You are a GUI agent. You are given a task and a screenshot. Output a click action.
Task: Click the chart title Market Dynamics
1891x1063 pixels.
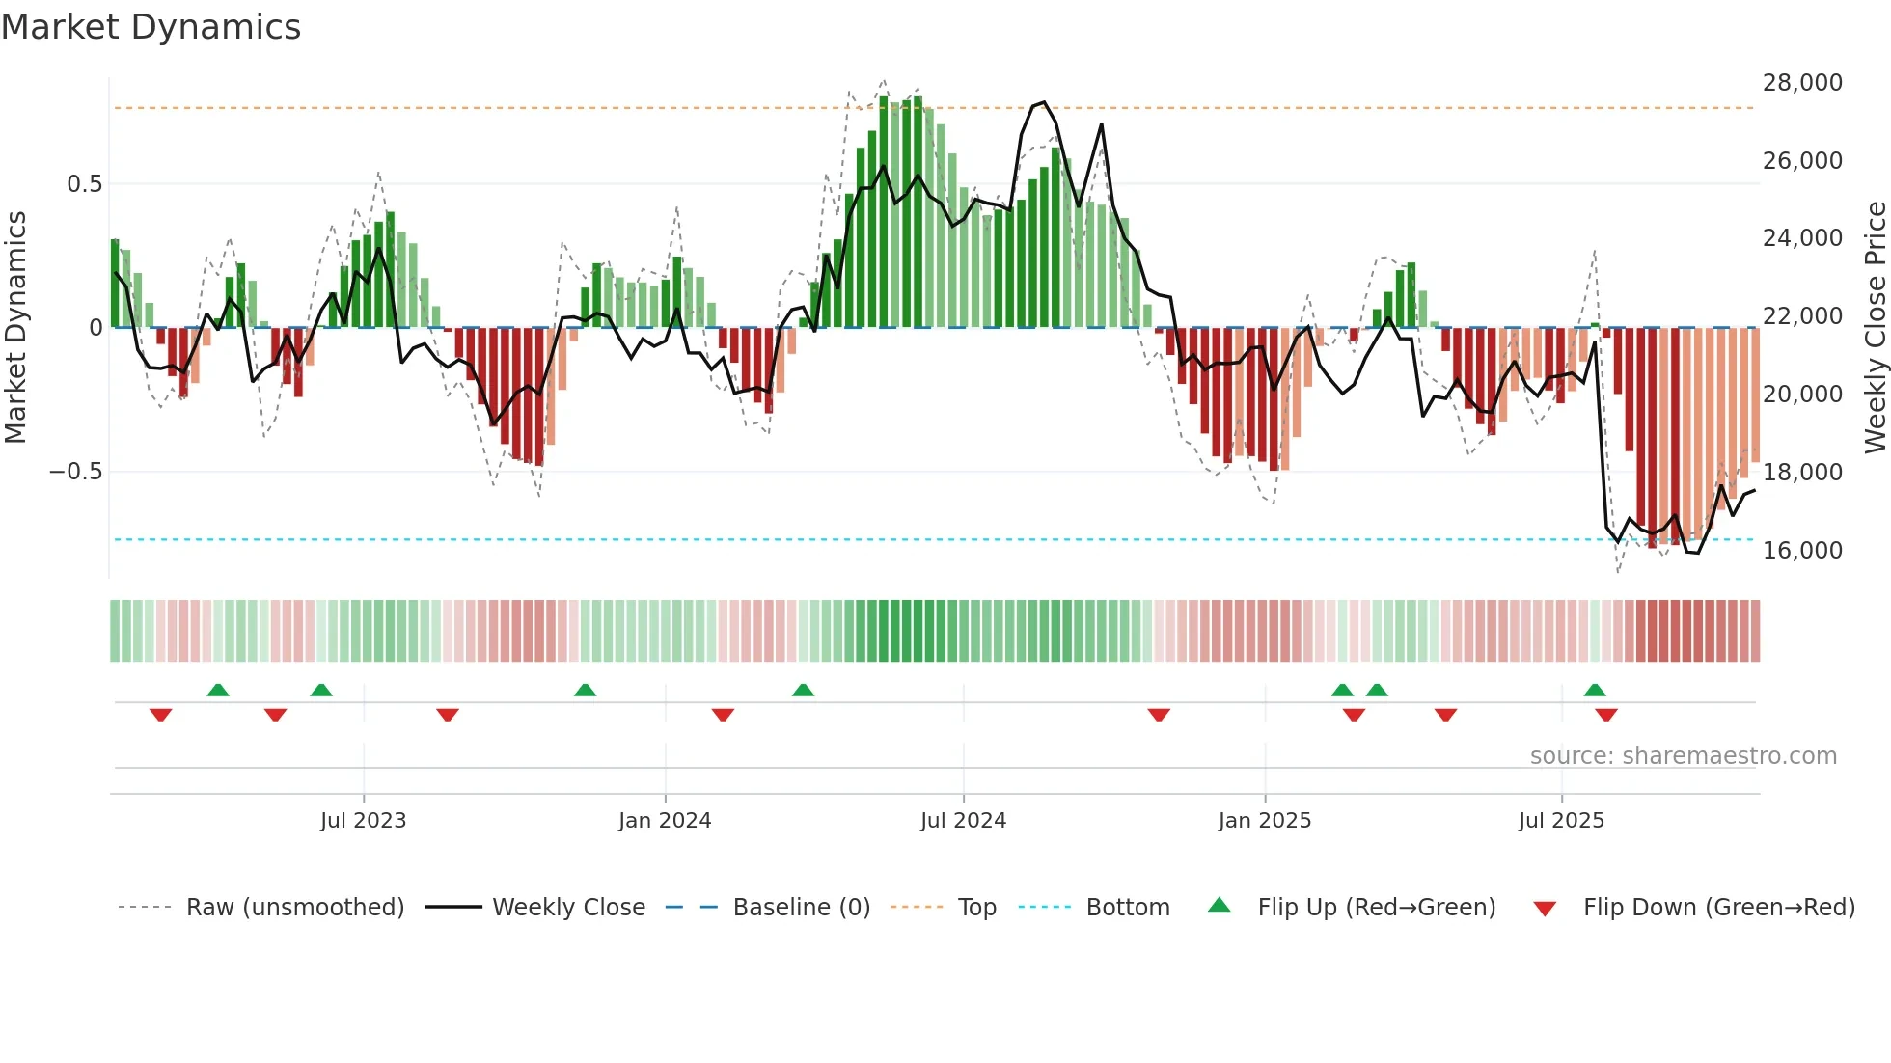tap(151, 27)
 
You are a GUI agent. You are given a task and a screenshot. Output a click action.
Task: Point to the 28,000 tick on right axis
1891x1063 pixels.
tap(1802, 83)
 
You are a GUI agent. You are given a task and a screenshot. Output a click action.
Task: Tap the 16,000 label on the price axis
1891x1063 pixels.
tap(1802, 551)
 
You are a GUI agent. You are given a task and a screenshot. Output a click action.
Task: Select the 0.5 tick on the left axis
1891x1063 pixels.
tap(84, 184)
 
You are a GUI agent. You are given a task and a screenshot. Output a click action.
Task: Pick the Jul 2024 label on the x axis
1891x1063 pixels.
tap(963, 821)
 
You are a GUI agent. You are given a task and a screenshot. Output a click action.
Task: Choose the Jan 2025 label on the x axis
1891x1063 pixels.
tap(1264, 821)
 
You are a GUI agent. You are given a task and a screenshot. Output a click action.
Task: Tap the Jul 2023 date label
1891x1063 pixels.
tap(363, 821)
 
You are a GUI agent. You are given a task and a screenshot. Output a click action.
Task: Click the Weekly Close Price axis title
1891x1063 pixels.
tap(1875, 327)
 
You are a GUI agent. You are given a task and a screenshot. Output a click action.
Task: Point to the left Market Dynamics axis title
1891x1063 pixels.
tap(15, 327)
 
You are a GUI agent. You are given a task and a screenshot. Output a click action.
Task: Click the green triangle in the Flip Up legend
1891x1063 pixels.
tap(1220, 905)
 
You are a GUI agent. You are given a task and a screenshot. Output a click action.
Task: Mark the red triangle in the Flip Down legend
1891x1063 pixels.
tap(1545, 909)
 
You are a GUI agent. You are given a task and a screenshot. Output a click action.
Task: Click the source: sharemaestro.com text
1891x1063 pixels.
tap(1683, 756)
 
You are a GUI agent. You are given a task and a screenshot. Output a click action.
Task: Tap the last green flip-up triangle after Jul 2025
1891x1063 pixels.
tap(1595, 690)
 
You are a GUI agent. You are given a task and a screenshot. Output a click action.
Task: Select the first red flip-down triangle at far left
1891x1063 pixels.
tap(161, 715)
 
